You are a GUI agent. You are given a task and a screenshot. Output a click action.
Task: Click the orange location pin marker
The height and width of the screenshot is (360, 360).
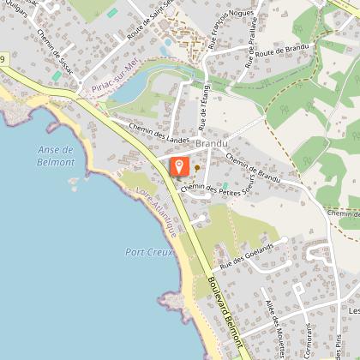[179, 166]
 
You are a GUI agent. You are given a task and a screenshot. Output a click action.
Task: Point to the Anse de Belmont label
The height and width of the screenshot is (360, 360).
[56, 155]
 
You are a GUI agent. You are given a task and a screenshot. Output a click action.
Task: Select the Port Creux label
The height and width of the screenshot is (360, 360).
[144, 252]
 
